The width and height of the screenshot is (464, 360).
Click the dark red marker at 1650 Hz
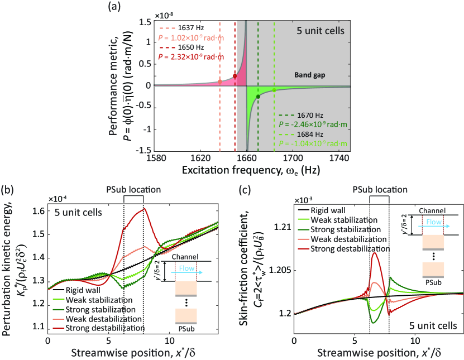click(235, 76)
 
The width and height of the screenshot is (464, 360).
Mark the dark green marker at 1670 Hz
click(258, 96)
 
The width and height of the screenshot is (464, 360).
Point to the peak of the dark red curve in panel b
click(144, 209)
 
